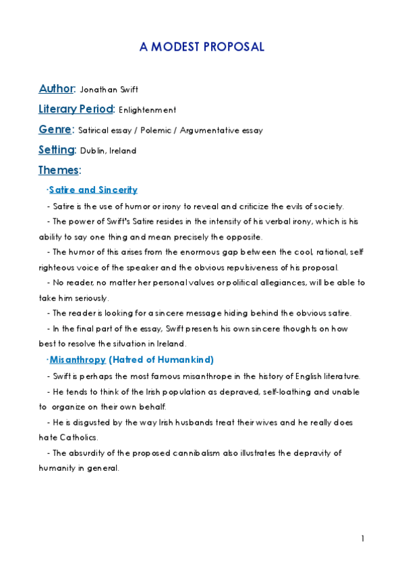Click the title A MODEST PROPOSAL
tap(202, 47)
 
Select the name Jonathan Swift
tap(109, 90)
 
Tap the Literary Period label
tap(76, 109)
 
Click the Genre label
tap(55, 130)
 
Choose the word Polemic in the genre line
tap(156, 130)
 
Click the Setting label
tap(56, 150)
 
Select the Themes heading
tap(59, 171)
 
